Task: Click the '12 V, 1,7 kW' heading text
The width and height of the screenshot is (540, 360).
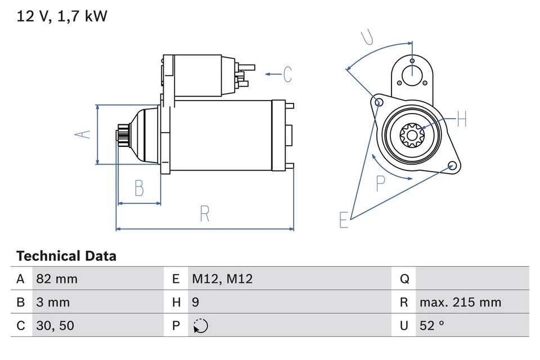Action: tap(62, 16)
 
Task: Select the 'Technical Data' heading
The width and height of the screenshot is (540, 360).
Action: tap(66, 256)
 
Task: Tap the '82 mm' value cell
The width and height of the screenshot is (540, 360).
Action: tap(57, 279)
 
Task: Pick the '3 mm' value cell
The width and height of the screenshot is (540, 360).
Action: tap(53, 302)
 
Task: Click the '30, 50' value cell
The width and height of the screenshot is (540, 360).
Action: tap(55, 326)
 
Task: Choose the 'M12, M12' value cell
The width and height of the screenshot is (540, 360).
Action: tap(222, 279)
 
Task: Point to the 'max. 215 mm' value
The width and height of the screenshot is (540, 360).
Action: tap(460, 302)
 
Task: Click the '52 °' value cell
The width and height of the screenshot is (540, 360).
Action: tap(432, 326)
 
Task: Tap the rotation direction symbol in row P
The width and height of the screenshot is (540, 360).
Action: tap(200, 326)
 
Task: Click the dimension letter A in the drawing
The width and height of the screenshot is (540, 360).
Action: tap(83, 134)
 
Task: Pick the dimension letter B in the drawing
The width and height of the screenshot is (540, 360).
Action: tap(139, 188)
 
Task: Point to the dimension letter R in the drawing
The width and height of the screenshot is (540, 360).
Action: tap(204, 214)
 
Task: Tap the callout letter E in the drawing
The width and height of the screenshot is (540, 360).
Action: tap(344, 220)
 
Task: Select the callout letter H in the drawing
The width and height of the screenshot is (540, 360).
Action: tap(461, 119)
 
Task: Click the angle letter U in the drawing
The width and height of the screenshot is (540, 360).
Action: tap(367, 37)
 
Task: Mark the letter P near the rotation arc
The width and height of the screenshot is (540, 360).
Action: tap(380, 183)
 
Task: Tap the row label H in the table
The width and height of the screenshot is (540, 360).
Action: tap(176, 302)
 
